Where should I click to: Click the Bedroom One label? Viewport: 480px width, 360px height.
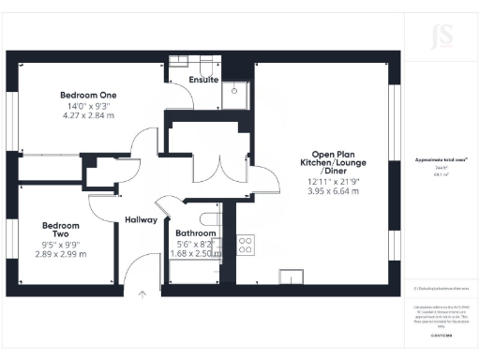tap(88, 95)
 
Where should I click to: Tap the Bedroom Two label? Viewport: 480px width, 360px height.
tap(60, 231)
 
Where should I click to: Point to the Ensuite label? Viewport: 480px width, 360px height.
tap(203, 81)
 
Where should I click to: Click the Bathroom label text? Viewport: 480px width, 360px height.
tap(196, 232)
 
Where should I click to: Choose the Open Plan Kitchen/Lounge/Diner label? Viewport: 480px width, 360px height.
tap(335, 162)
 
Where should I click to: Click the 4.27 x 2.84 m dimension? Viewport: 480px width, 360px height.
tap(88, 116)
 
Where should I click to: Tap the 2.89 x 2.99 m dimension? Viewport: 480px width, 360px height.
tap(60, 254)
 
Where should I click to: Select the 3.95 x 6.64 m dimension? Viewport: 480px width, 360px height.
tap(335, 191)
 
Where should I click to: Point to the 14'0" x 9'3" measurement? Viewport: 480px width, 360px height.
tap(88, 106)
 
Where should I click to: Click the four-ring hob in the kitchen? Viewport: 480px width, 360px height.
tap(247, 246)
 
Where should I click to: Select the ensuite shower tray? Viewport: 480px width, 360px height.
tap(235, 91)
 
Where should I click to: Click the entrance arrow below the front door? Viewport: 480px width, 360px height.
tap(142, 293)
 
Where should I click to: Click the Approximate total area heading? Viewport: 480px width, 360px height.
tap(441, 161)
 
